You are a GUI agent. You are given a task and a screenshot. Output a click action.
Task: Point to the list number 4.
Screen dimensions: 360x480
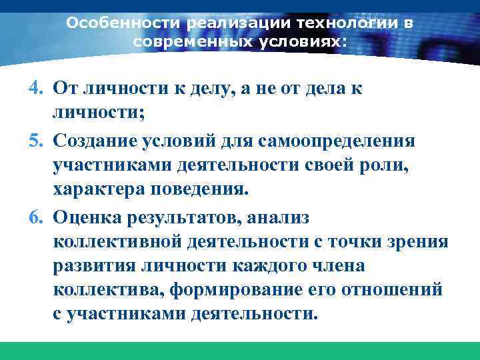tap(36, 89)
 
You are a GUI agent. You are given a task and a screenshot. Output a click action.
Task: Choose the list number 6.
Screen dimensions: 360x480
tap(36, 218)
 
